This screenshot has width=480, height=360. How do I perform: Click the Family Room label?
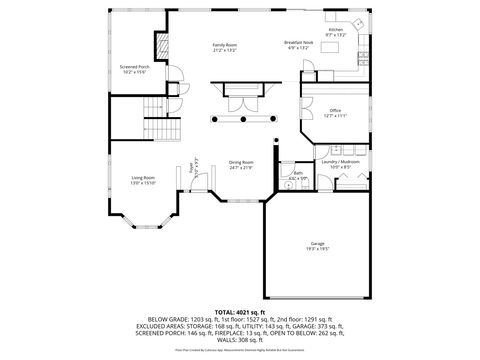pyautogui.click(x=224, y=45)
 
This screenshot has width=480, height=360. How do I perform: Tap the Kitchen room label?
pyautogui.click(x=335, y=30)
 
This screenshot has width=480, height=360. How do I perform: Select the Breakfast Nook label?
pyautogui.click(x=300, y=43)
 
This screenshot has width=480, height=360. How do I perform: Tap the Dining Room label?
pyautogui.click(x=240, y=162)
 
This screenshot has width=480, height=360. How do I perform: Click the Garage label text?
pyautogui.click(x=317, y=243)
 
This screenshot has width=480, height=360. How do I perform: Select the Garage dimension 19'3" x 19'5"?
pyautogui.click(x=317, y=249)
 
